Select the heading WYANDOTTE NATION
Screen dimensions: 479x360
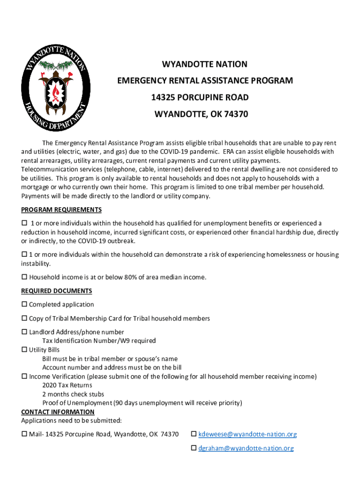[x=205, y=64]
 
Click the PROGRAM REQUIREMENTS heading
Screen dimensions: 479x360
[x=61, y=210]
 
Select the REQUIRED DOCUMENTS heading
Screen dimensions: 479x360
[x=57, y=291]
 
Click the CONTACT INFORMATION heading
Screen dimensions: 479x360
[x=58, y=412]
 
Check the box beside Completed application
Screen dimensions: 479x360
[x=24, y=305]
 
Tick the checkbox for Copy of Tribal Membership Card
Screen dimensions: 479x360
[x=24, y=319]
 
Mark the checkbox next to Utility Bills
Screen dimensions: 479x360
[x=24, y=350]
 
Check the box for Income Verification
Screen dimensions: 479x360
[x=24, y=377]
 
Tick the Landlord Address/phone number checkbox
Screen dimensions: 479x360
[x=24, y=332]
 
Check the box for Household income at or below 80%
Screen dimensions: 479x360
[x=24, y=277]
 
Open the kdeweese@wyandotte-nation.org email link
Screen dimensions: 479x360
[x=247, y=435]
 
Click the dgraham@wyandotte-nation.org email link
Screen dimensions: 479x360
[x=246, y=449]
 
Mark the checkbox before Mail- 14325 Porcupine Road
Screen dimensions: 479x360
[x=24, y=435]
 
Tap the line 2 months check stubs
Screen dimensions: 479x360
[x=73, y=394]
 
